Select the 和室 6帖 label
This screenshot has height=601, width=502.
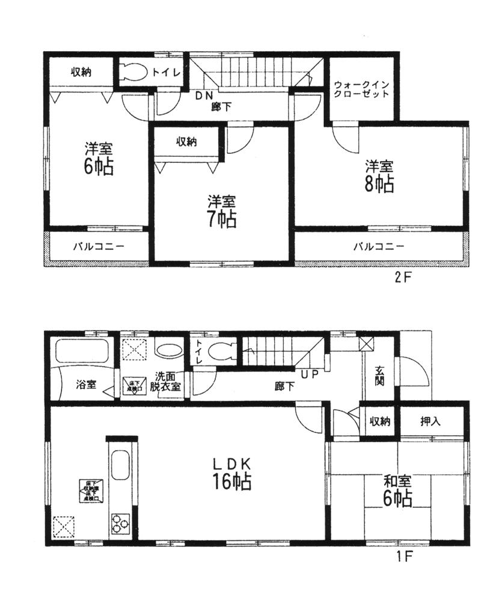(397, 490)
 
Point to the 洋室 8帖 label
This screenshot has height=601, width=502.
(379, 175)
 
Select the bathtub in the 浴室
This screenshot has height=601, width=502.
(82, 352)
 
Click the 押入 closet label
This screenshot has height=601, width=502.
(431, 422)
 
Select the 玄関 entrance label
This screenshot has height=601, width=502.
(380, 375)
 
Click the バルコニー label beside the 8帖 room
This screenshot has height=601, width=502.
(378, 246)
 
